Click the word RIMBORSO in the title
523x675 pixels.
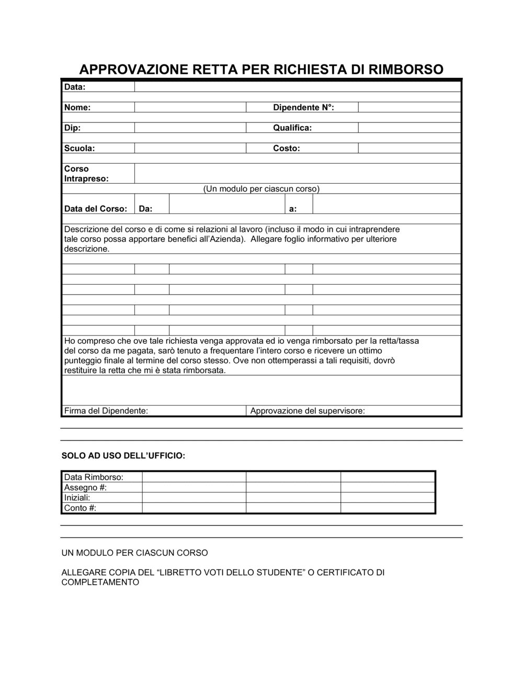click(x=406, y=69)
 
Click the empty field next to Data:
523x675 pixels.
click(x=297, y=87)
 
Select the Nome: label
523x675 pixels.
click(x=77, y=107)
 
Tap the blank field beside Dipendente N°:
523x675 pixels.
click(x=409, y=107)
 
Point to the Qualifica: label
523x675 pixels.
click(x=292, y=128)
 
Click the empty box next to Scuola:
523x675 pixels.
click(x=190, y=148)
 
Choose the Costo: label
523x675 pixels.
click(x=287, y=148)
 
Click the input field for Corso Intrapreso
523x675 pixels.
click(x=297, y=173)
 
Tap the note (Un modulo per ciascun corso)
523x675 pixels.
click(x=261, y=189)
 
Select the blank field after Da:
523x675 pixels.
click(x=226, y=204)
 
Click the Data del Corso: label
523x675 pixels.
click(x=96, y=209)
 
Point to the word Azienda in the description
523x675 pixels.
click(x=229, y=239)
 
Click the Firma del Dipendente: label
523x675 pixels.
click(x=106, y=411)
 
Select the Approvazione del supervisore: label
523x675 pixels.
click(x=308, y=411)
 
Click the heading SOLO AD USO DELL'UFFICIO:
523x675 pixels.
click(x=123, y=456)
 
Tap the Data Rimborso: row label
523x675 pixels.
click(x=94, y=477)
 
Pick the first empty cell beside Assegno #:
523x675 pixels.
click(x=194, y=488)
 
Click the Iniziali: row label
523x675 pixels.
click(x=77, y=498)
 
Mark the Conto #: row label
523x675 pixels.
click(x=80, y=508)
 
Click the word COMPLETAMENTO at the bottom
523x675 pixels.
click(x=100, y=582)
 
